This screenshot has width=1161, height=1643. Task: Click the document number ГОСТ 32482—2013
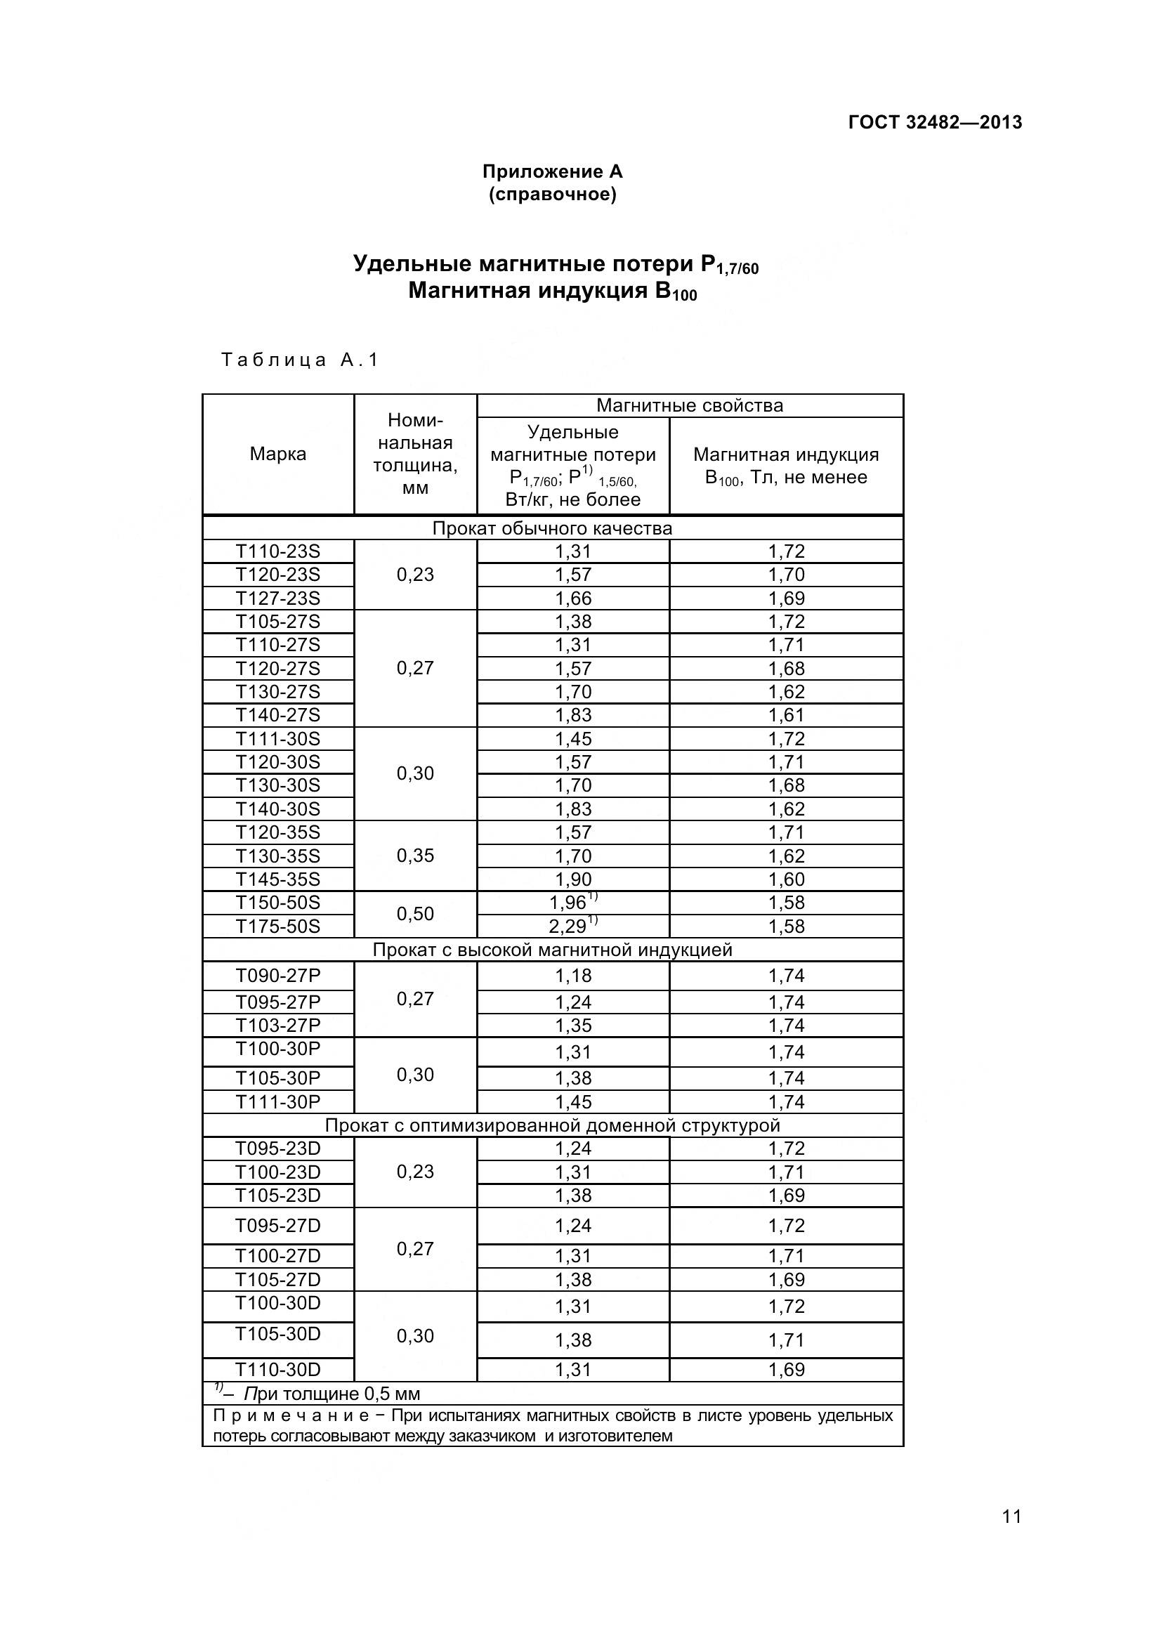pos(934,122)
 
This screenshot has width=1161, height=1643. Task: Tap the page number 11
pos(1011,1517)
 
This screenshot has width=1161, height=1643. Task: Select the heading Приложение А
pos(552,171)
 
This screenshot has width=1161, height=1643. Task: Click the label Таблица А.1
pos(300,360)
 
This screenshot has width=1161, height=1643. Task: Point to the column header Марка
pos(277,454)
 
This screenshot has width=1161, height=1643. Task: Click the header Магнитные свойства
pos(690,406)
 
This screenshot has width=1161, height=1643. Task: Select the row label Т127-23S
pos(277,598)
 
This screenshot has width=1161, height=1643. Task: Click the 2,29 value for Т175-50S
pos(569,927)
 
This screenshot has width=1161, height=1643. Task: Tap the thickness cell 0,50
pos(415,914)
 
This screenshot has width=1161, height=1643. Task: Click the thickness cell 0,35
pos(415,856)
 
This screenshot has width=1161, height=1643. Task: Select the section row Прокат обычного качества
pos(552,529)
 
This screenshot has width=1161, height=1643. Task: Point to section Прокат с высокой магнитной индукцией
pos(552,950)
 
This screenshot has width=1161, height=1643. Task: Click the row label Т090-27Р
pos(277,976)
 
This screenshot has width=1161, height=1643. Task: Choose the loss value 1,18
pos(573,976)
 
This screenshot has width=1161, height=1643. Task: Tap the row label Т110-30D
pos(277,1370)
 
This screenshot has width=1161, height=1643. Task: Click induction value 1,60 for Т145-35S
pos(786,879)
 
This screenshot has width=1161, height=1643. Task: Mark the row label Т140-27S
pos(277,715)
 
